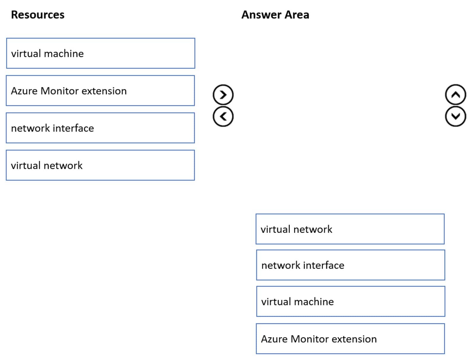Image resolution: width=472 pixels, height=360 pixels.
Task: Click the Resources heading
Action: (x=37, y=15)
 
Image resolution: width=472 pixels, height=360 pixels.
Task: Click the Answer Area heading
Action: (x=275, y=15)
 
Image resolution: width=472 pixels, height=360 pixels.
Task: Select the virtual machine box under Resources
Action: (x=100, y=53)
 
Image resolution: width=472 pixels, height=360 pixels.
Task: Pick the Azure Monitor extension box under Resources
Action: (x=100, y=91)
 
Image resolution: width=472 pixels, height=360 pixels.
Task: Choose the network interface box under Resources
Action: (x=100, y=128)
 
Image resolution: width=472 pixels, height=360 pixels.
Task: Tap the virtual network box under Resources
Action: (x=100, y=165)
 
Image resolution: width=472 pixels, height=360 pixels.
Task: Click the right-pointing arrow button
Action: (x=223, y=95)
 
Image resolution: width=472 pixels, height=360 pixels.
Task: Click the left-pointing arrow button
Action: (x=223, y=116)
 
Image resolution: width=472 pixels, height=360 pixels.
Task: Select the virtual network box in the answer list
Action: (x=350, y=229)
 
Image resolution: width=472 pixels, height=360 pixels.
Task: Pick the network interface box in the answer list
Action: (x=350, y=265)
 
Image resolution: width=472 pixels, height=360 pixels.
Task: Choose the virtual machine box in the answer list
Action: (x=350, y=302)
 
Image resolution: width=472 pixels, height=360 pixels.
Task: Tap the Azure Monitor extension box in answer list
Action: (x=350, y=339)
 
